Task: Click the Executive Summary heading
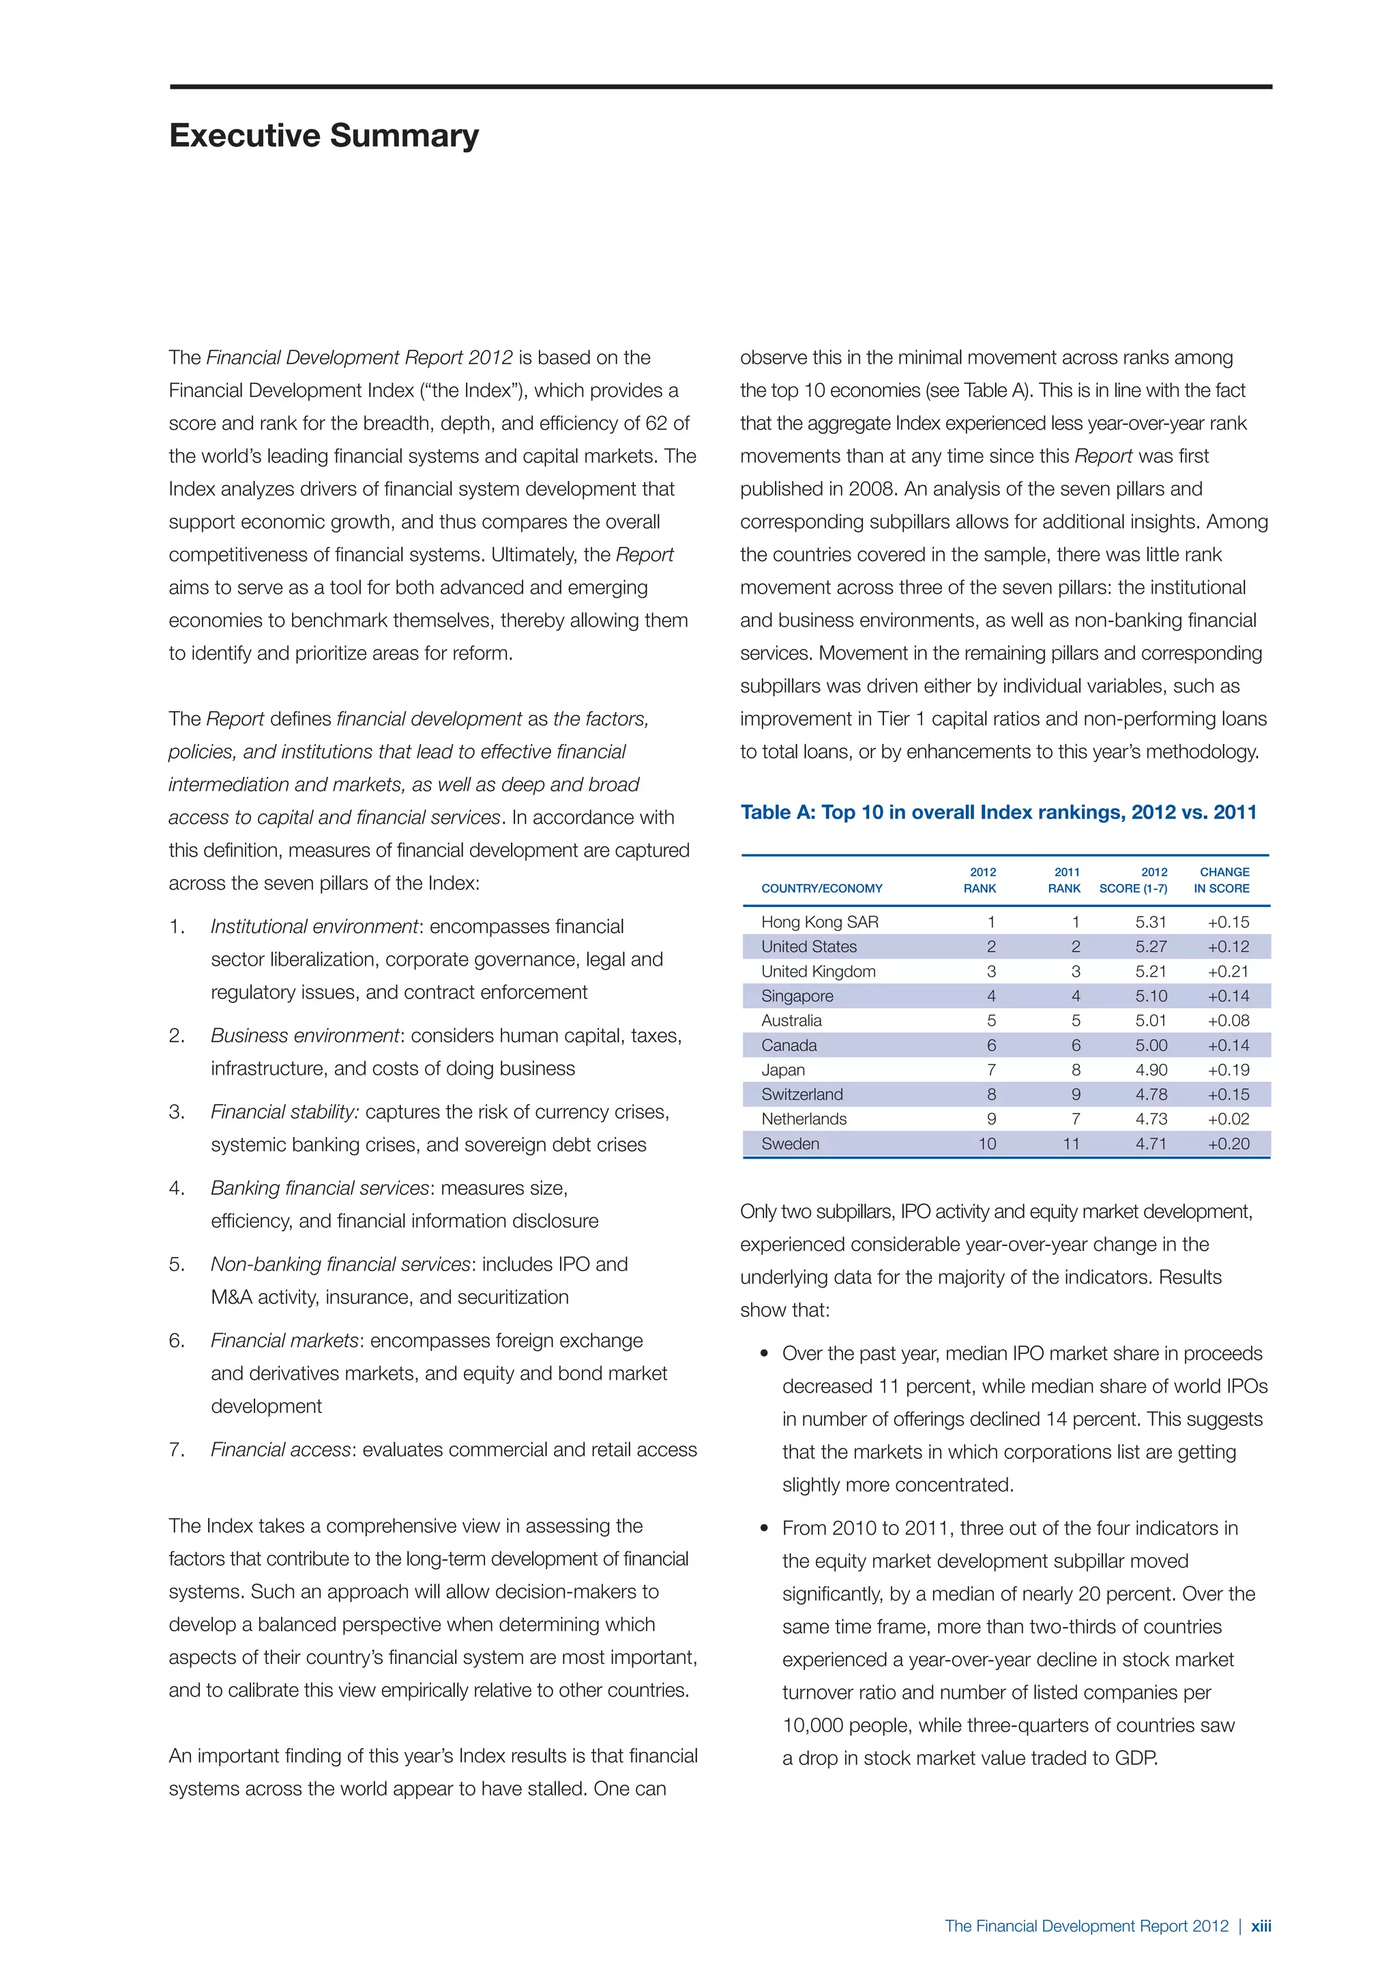point(323,136)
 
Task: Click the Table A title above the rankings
point(998,812)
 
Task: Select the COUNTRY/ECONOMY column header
point(821,889)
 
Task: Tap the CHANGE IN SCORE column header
point(1222,880)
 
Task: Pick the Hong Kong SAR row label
point(819,922)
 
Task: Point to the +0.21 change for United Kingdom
point(1228,971)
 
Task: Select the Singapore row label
point(797,996)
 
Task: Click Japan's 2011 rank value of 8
point(1075,1070)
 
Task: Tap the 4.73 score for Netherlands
point(1150,1119)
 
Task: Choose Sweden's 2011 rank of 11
point(1070,1144)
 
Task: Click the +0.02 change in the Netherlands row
point(1228,1119)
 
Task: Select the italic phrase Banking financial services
point(319,1188)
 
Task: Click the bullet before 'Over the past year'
point(764,1354)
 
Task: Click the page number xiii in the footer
point(1260,1926)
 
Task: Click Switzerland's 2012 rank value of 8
point(991,1095)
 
